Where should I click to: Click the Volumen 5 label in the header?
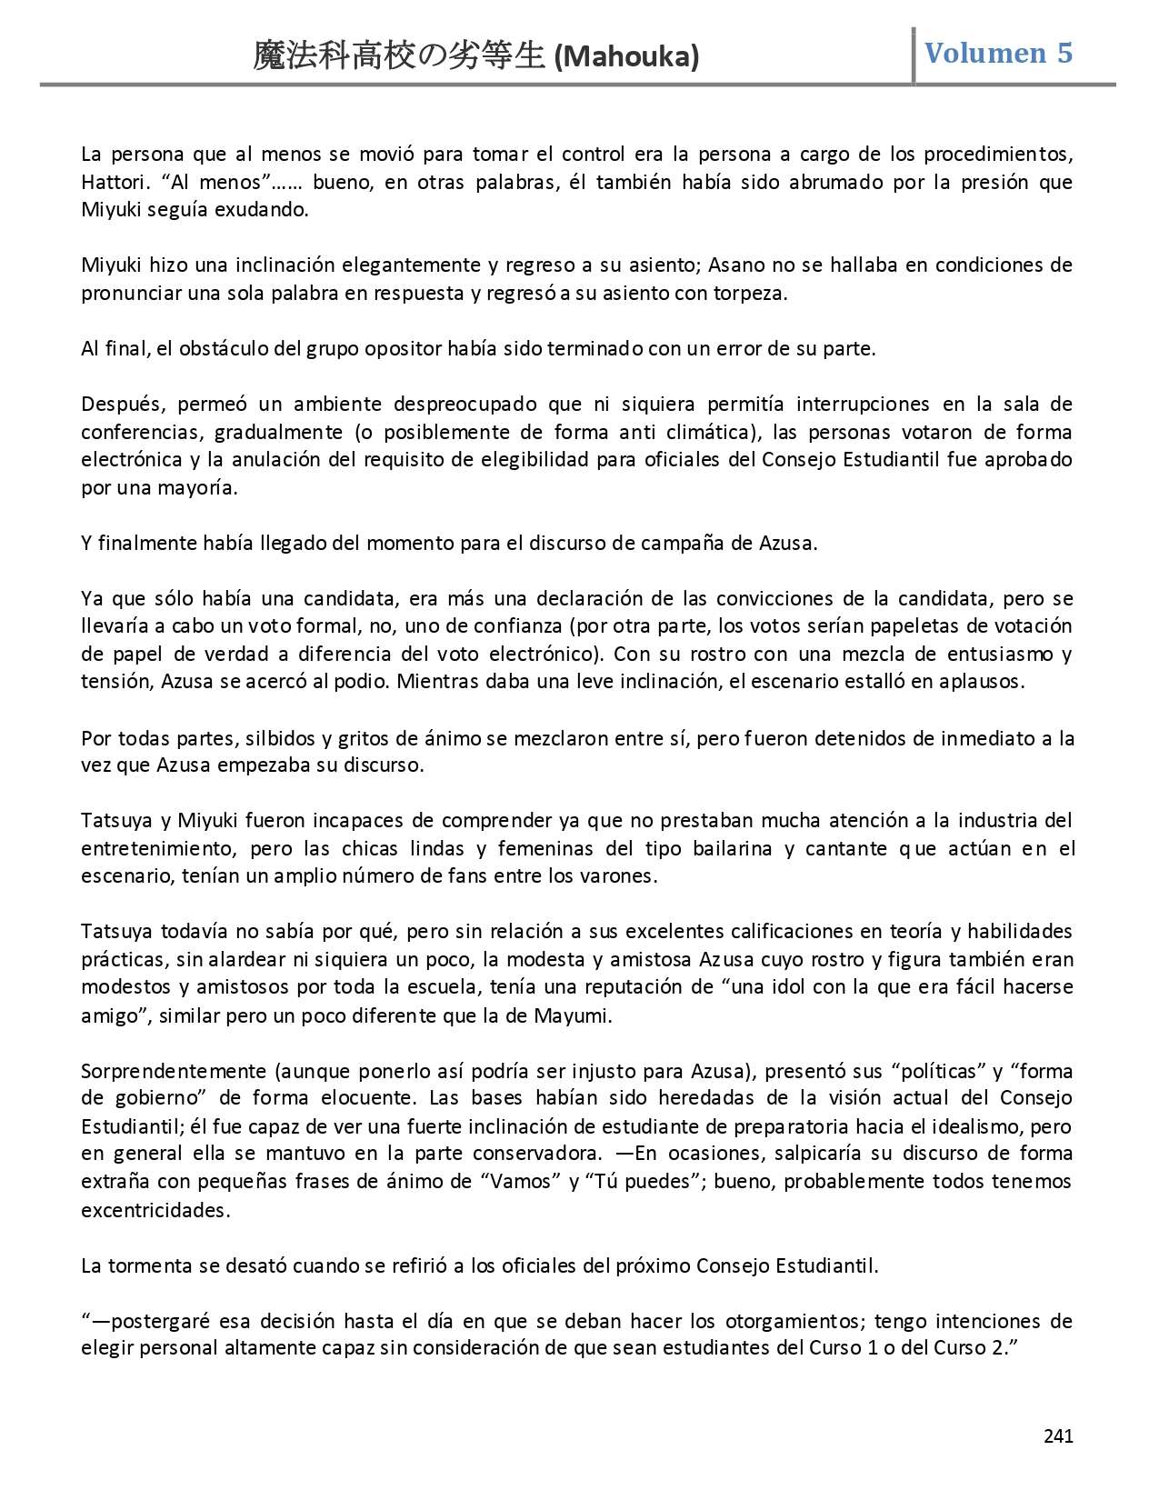pyautogui.click(x=998, y=53)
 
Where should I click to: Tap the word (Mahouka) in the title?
pyautogui.click(x=626, y=57)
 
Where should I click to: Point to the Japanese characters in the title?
pyautogui.click(x=399, y=56)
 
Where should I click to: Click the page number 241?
pyautogui.click(x=1058, y=1436)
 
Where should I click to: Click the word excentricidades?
pyautogui.click(x=155, y=1210)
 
